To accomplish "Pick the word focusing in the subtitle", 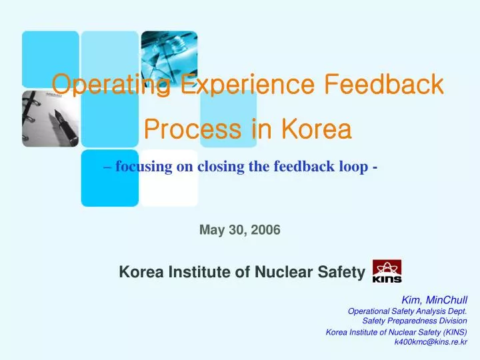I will pos(144,167).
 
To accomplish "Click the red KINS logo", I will pos(387,271).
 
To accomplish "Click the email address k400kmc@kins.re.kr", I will pos(431,342).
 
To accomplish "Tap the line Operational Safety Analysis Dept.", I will pos(407,311).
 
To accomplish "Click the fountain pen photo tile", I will pos(50,118).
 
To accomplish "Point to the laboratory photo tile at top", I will pos(169,58).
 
